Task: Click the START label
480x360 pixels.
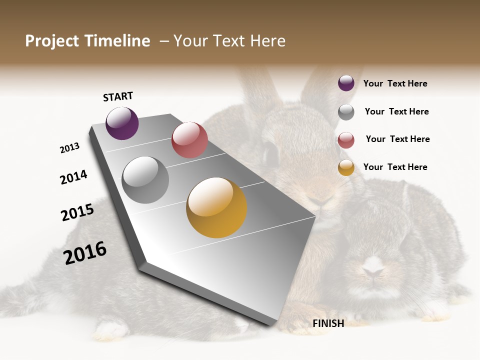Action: [x=118, y=96]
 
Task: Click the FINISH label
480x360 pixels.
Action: [x=328, y=323]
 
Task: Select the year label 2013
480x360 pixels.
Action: [x=70, y=148]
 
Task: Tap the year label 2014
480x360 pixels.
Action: [x=74, y=177]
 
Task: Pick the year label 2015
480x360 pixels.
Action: [x=77, y=212]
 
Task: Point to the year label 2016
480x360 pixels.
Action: [x=85, y=252]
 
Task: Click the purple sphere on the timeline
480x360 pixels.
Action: [x=122, y=123]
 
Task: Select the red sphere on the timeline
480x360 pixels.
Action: [x=189, y=139]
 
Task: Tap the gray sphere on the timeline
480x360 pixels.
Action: [x=145, y=180]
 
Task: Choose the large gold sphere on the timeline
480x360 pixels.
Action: [x=216, y=207]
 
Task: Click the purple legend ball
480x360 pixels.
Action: [x=346, y=83]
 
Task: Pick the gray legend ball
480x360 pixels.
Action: [x=346, y=112]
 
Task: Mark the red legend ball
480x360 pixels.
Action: [x=346, y=140]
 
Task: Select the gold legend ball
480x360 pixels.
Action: [x=346, y=167]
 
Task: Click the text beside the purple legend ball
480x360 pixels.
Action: [x=395, y=84]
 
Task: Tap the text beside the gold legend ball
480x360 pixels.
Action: [x=395, y=167]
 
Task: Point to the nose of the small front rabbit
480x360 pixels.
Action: [x=371, y=271]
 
